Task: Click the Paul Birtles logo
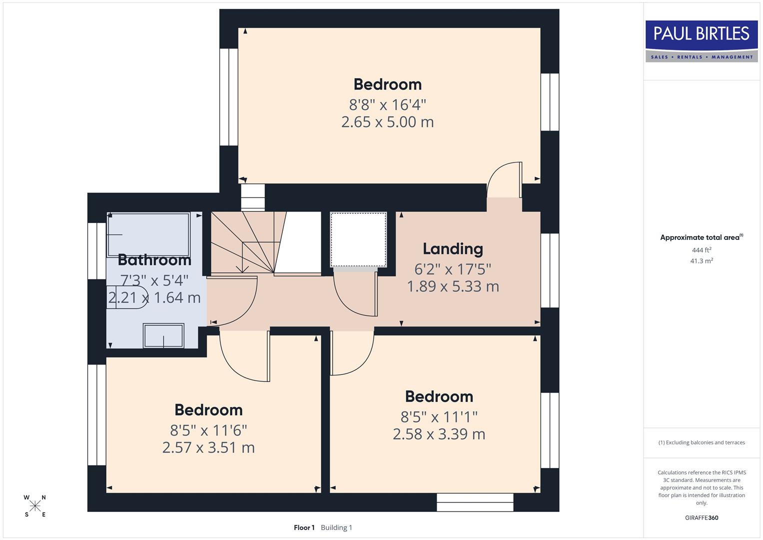coord(701,41)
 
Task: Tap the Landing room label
coord(453,248)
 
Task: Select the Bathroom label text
coord(154,260)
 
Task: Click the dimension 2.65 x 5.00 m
coord(387,122)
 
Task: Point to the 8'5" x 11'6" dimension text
coord(208,430)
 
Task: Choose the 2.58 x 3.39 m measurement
coord(439,434)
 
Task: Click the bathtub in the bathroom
coord(149,234)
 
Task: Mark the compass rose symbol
coord(35,506)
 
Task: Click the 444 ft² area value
coord(701,250)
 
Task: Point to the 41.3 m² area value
coord(701,261)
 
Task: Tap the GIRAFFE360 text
coord(701,517)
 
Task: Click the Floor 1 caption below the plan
coord(304,527)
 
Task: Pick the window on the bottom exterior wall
coord(475,502)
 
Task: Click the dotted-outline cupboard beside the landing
coord(358,239)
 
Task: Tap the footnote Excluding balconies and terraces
coord(701,442)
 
